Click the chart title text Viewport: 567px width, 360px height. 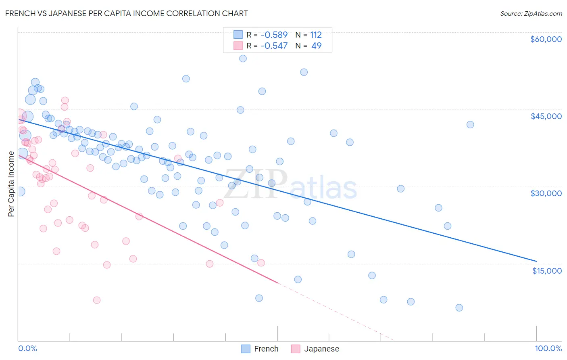click(x=126, y=13)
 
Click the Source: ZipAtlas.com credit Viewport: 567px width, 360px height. click(x=531, y=13)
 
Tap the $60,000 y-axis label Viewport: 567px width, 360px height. click(x=546, y=39)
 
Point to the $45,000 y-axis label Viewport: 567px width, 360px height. click(x=546, y=116)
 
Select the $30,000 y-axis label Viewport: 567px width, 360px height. click(x=546, y=193)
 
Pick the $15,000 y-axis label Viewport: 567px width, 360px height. click(x=547, y=271)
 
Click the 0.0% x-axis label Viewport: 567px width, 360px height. click(x=27, y=348)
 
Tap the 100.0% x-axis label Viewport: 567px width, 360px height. click(x=548, y=348)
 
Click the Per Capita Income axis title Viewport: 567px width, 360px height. click(x=11, y=184)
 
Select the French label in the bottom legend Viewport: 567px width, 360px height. click(x=266, y=349)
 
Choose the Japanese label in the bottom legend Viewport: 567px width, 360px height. click(x=321, y=349)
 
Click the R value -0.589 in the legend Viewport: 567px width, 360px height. click(x=274, y=35)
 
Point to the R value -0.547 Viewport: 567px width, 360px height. click(x=274, y=46)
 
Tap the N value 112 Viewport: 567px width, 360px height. click(x=316, y=35)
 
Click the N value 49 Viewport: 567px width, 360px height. click(x=317, y=46)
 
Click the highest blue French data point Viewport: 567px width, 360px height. click(x=243, y=59)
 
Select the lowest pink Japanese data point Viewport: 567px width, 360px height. click(x=97, y=300)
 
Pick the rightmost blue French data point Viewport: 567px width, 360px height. click(x=470, y=125)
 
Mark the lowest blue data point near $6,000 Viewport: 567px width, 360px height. click(x=459, y=308)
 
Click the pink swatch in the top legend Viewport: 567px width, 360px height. click(x=238, y=46)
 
